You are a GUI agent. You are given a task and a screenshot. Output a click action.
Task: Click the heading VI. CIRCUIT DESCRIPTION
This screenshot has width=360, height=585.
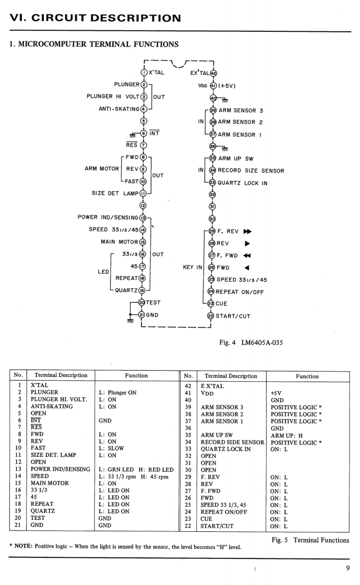tap(95, 18)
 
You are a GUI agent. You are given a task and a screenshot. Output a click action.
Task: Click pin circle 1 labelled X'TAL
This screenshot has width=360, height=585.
tap(143, 72)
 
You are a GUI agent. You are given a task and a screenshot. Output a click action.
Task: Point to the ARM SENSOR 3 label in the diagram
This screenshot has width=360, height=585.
tap(237, 111)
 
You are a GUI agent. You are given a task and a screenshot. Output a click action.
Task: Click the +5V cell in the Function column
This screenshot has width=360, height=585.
tap(277, 393)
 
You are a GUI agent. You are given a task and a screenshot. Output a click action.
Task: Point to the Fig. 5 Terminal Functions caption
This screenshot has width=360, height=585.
tap(310, 540)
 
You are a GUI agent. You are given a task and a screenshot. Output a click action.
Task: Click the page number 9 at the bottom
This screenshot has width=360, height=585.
tap(347, 568)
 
